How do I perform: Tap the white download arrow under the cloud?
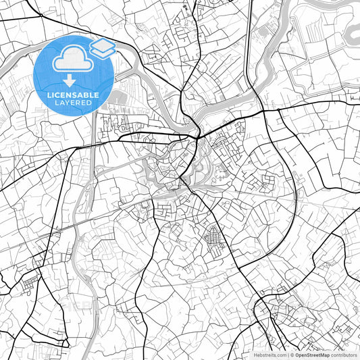point(72,80)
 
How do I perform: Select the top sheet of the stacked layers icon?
point(102,45)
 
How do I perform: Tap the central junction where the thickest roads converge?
point(196,137)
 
